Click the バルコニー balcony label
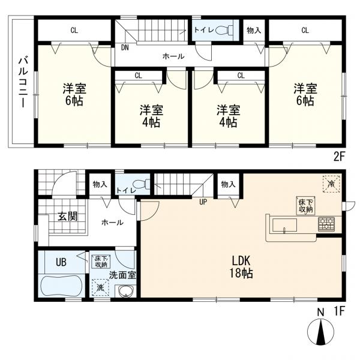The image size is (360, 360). [22, 81]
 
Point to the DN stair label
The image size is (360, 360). [125, 47]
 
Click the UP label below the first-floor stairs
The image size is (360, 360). [203, 201]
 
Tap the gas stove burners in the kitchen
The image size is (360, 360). [328, 224]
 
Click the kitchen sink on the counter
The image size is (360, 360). [284, 226]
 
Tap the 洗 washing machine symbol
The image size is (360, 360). [100, 286]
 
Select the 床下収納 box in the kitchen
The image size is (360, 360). [304, 205]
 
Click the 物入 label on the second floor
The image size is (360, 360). [253, 30]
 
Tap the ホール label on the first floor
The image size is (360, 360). [112, 223]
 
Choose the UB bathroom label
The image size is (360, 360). [61, 262]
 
